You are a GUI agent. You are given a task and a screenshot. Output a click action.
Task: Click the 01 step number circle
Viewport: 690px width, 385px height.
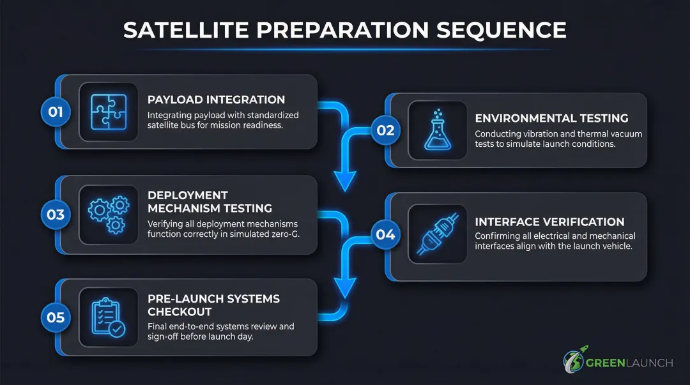point(56,112)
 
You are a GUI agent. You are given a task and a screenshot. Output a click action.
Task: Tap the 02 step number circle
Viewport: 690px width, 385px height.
point(385,130)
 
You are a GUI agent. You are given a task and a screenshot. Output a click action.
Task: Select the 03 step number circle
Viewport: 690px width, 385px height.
point(56,215)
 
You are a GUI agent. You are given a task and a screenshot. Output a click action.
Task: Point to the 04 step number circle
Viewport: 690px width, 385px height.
point(385,234)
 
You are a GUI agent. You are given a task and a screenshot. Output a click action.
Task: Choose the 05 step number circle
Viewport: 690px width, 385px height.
point(56,317)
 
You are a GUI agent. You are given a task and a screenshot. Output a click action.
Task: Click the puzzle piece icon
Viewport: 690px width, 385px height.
point(108,112)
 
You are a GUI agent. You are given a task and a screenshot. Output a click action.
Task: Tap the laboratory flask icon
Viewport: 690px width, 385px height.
point(438,130)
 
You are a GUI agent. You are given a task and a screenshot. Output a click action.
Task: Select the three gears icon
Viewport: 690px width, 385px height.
point(108,215)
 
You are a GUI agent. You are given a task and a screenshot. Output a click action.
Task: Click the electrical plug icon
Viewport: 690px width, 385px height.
point(438,234)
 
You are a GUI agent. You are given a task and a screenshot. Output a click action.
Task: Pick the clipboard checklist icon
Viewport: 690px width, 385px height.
point(108,317)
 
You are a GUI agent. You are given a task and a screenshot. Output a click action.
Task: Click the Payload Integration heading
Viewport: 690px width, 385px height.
point(216,100)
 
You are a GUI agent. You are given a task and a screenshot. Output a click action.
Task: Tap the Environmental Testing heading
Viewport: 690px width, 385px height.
point(551,118)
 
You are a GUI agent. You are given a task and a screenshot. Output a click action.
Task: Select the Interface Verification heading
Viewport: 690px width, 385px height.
point(549,222)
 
